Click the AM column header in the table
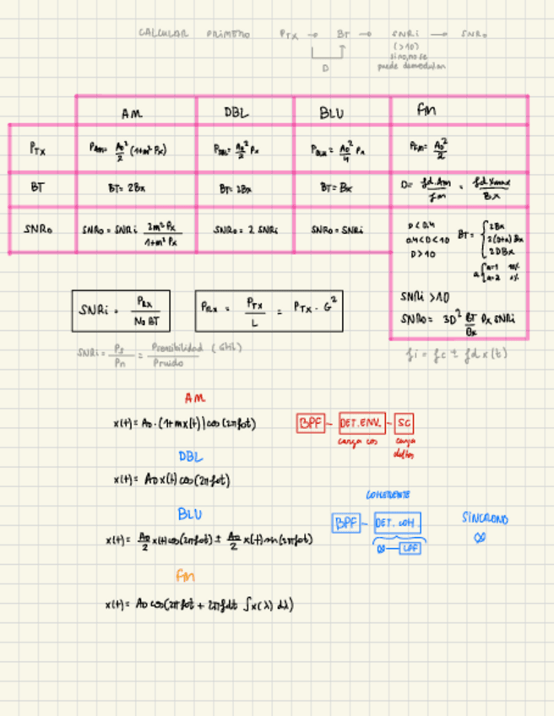(x=133, y=112)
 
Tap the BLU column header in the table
(x=332, y=112)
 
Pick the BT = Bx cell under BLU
(x=333, y=188)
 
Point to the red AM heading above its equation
(x=194, y=398)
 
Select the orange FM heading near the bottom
(x=186, y=576)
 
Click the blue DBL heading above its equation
(x=190, y=456)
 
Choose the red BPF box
(x=311, y=422)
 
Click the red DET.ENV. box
(x=361, y=422)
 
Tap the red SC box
(x=405, y=422)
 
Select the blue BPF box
(x=346, y=523)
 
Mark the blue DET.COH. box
(x=397, y=523)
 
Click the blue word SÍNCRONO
(x=485, y=519)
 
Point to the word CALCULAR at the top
(x=163, y=34)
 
